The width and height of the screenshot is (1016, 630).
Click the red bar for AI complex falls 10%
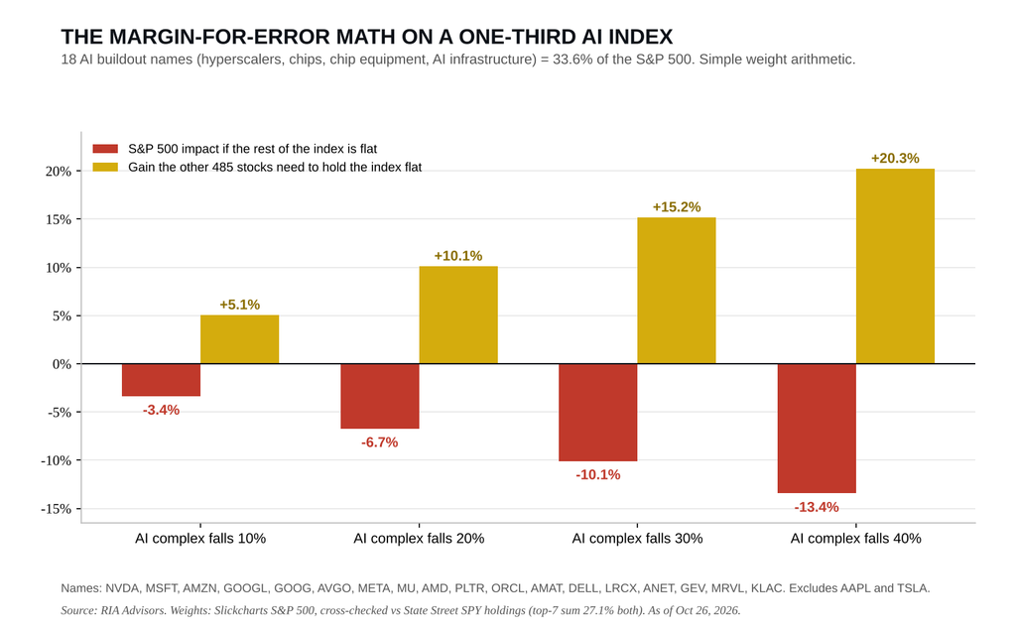click(162, 380)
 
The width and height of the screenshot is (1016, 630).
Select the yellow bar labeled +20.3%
click(895, 267)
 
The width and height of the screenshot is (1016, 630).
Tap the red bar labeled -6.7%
click(380, 396)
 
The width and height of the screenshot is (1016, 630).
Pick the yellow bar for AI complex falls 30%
click(677, 291)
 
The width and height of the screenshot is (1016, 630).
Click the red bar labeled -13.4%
click(817, 429)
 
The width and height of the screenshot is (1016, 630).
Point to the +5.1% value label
click(240, 305)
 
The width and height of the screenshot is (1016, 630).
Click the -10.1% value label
click(598, 475)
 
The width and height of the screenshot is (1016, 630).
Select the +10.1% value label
click(458, 256)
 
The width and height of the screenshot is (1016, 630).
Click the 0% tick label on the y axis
click(62, 364)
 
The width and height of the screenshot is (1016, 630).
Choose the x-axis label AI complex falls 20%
click(419, 539)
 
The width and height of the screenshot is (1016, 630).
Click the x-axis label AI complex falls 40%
click(856, 539)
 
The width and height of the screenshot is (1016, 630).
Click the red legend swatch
click(105, 149)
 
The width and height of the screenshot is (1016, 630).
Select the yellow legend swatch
click(105, 168)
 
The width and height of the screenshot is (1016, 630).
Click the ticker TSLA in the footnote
click(913, 588)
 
